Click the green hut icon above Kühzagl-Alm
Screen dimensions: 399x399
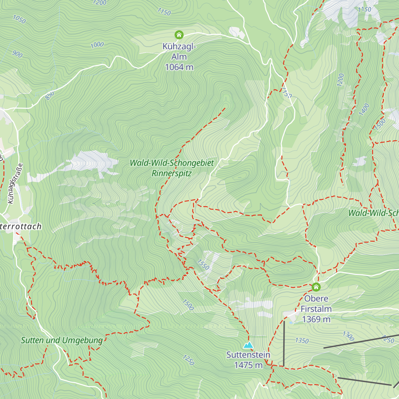[x=179, y=35]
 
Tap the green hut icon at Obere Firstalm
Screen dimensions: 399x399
[x=316, y=287]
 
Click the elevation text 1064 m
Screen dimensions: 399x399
[x=179, y=67]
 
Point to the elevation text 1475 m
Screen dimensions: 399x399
[x=248, y=365]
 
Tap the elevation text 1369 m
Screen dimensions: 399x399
[x=316, y=319]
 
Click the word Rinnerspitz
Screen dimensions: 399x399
[x=172, y=173]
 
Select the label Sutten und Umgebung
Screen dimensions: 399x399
[x=62, y=340]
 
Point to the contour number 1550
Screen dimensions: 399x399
[x=203, y=265]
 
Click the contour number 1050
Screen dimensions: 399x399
[x=19, y=20]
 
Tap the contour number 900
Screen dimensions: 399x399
[x=17, y=54]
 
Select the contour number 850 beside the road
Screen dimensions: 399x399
[x=50, y=96]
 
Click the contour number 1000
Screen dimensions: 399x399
[x=97, y=45]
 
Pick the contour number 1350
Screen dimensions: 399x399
[x=302, y=340]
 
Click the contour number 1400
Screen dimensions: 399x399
[x=364, y=110]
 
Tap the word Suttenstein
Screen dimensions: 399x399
[x=248, y=355]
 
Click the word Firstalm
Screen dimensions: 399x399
[x=316, y=309]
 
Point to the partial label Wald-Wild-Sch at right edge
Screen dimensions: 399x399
[x=373, y=213]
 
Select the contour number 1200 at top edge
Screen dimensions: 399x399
[x=99, y=3]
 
